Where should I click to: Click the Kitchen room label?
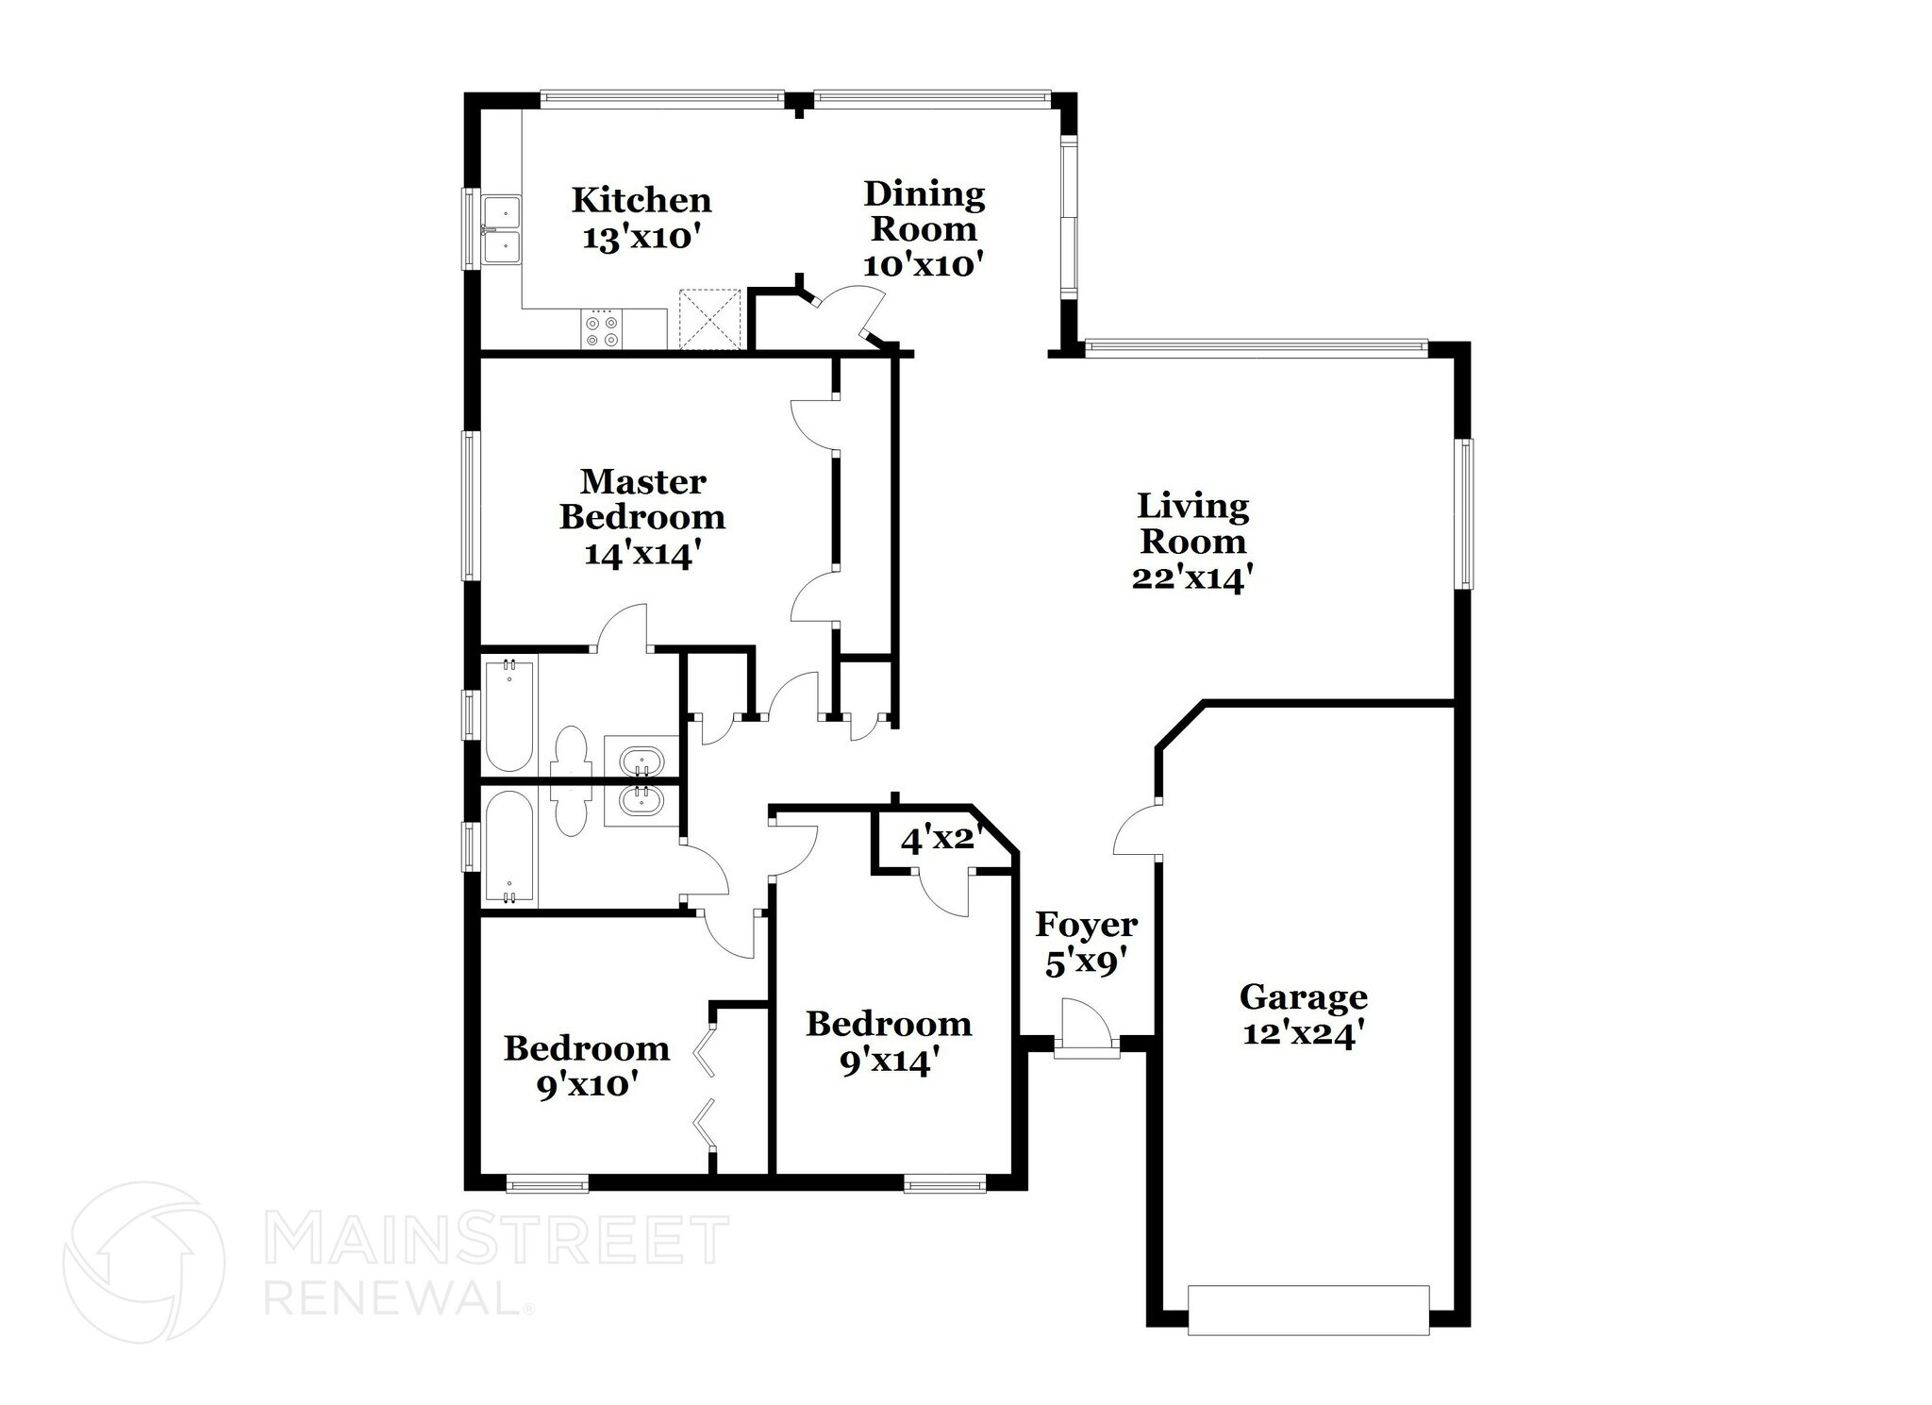pyautogui.click(x=641, y=200)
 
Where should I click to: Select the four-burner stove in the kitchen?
pyautogui.click(x=602, y=330)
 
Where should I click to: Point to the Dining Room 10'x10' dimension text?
pyautogui.click(x=924, y=265)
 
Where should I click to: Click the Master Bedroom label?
pyautogui.click(x=642, y=499)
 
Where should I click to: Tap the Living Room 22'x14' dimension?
pyautogui.click(x=1192, y=577)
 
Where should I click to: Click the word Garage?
pyautogui.click(x=1303, y=996)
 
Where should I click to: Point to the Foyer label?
pyautogui.click(x=1086, y=925)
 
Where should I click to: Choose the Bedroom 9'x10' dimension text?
pyautogui.click(x=585, y=1086)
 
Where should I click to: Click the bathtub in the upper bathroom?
pyautogui.click(x=508, y=717)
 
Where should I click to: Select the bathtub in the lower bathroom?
pyautogui.click(x=508, y=846)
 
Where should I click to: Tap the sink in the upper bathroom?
pyautogui.click(x=642, y=761)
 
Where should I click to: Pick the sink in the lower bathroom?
pyautogui.click(x=642, y=800)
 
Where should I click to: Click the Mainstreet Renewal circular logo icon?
pyautogui.click(x=144, y=1263)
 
